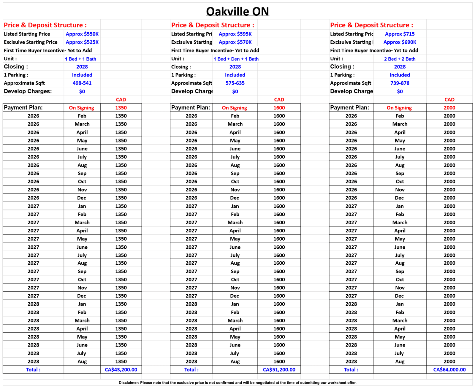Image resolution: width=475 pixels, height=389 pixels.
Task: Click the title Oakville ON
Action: tap(237, 12)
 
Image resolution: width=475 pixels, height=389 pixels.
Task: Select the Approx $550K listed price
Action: tap(82, 34)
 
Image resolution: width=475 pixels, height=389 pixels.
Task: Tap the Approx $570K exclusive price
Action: tap(235, 42)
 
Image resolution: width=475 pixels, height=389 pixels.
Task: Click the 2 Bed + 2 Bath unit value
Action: tap(400, 59)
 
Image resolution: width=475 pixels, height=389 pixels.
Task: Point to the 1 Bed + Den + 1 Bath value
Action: tap(236, 59)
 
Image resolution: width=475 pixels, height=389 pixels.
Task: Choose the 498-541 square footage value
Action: tap(82, 83)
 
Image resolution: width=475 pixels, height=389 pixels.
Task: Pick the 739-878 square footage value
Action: tap(400, 83)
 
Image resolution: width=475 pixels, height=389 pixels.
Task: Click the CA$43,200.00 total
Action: tap(121, 370)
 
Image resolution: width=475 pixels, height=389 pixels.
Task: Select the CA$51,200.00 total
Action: tap(279, 370)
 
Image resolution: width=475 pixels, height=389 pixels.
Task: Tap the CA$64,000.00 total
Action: tap(449, 370)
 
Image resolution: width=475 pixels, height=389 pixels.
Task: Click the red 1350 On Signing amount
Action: tap(121, 108)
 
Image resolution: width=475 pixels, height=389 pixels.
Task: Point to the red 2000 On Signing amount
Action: tap(449, 108)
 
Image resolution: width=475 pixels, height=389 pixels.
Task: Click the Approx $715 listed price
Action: tap(400, 34)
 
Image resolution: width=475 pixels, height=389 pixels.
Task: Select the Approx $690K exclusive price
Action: tap(400, 42)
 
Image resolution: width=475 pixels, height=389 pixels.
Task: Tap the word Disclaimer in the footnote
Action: tap(129, 383)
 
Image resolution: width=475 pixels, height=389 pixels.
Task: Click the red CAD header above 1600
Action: tap(279, 100)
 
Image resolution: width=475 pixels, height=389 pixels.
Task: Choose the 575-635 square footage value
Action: tap(235, 83)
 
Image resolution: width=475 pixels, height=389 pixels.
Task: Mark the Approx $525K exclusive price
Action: tap(82, 42)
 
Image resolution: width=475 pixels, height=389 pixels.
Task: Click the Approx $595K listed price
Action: tap(235, 34)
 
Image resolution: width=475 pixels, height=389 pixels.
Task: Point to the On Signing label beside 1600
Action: tap(234, 108)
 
